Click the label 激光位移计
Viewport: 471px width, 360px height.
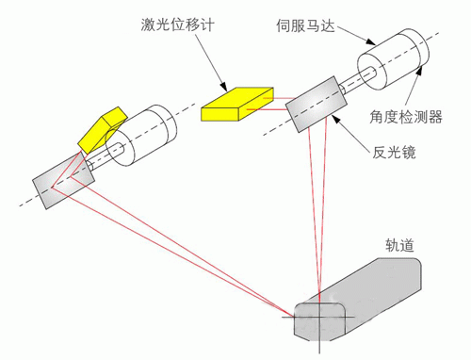(177, 25)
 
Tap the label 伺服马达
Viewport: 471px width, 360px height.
(305, 25)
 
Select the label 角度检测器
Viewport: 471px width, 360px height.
(406, 117)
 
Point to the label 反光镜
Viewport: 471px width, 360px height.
(394, 153)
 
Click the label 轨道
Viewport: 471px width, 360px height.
(399, 245)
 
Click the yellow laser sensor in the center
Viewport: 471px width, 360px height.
(237, 104)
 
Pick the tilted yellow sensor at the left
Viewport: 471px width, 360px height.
(103, 130)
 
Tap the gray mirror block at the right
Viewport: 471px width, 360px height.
(316, 104)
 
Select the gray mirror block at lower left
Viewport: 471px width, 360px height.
(63, 180)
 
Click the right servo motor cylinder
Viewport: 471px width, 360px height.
(393, 59)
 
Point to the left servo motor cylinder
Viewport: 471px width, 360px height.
(141, 136)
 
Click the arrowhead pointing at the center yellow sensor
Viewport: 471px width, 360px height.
(224, 87)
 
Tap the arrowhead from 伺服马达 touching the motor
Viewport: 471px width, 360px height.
(371, 41)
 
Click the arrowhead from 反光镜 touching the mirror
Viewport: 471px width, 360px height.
(335, 120)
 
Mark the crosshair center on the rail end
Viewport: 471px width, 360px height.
(319, 317)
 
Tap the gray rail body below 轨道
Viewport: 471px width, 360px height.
(358, 300)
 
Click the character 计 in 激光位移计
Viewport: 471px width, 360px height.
(207, 25)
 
